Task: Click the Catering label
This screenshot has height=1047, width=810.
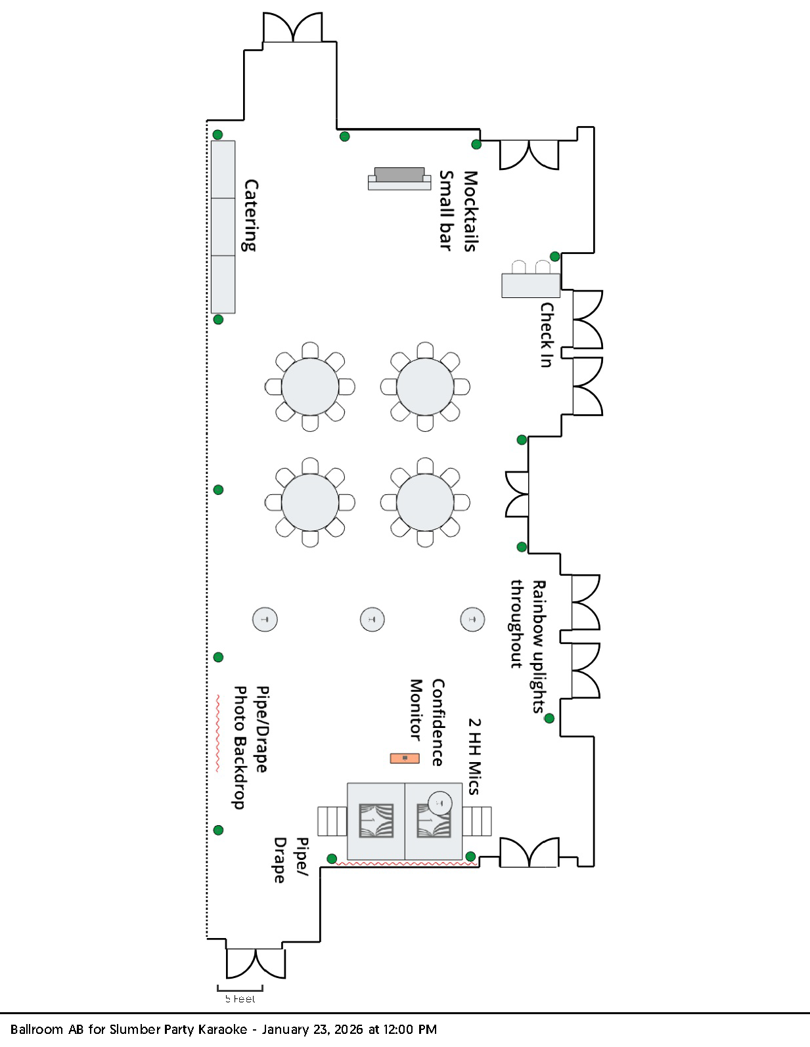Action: [250, 215]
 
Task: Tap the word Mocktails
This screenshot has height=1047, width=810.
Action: [470, 211]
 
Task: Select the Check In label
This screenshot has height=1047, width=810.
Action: [547, 335]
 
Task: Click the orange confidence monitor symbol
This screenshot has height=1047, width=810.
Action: [405, 758]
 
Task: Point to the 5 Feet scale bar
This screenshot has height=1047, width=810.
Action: [240, 989]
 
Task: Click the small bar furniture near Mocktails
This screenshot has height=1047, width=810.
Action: [399, 179]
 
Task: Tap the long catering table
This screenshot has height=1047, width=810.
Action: [223, 226]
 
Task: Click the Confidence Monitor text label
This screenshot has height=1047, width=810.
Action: [427, 722]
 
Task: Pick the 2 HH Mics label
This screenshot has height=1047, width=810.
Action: [474, 756]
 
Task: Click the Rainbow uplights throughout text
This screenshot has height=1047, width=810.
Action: [528, 646]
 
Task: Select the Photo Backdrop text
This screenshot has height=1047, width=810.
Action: [240, 747]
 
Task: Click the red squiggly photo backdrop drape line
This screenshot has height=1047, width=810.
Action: [217, 733]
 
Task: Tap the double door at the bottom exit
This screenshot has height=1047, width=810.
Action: [256, 963]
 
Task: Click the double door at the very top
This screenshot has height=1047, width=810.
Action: [292, 28]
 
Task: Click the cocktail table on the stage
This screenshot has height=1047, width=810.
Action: [439, 802]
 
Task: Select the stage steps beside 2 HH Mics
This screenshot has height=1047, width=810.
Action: [477, 821]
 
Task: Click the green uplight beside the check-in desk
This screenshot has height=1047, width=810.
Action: [555, 257]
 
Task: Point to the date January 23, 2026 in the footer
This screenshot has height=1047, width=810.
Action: [312, 1029]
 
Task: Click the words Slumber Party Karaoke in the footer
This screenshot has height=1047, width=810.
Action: [178, 1029]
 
